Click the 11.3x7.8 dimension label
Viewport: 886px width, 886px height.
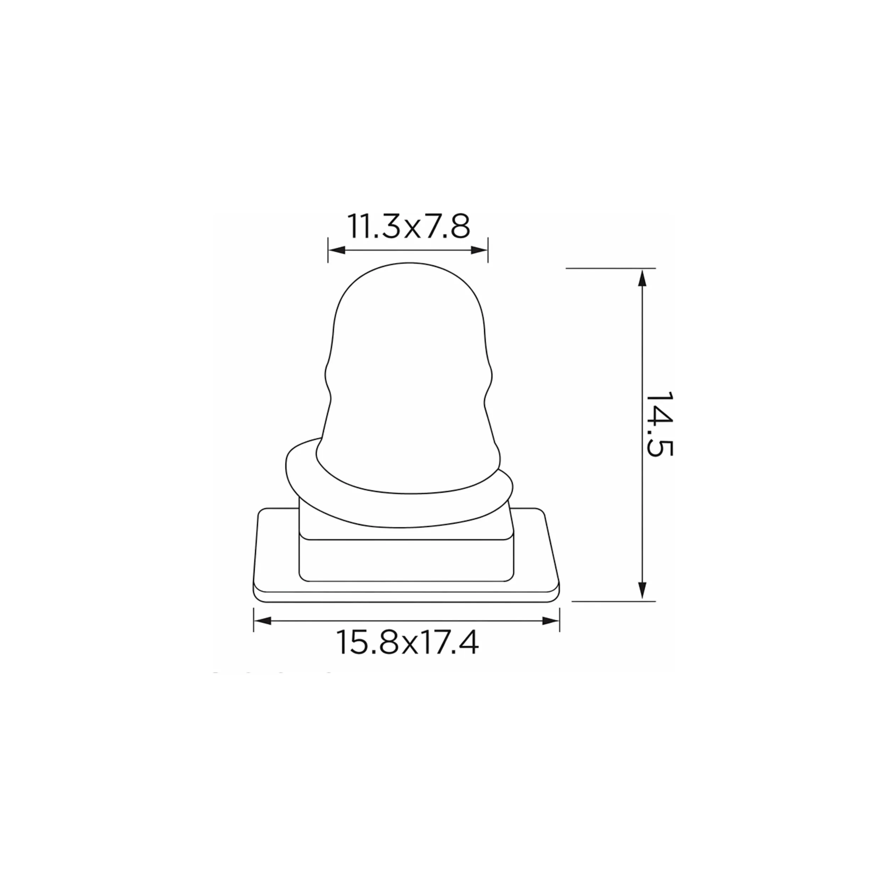409,226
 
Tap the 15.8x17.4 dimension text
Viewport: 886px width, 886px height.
408,642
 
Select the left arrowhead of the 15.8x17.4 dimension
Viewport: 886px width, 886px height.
262,621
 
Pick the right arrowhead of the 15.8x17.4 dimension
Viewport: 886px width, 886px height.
551,621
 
